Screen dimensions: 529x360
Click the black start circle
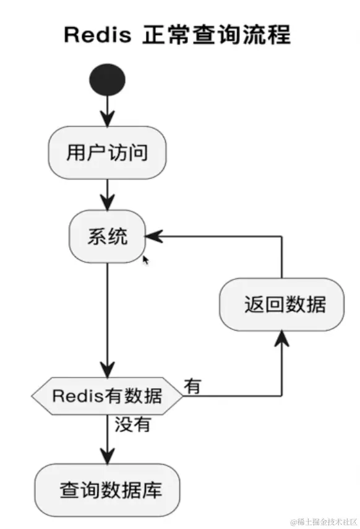pyautogui.click(x=108, y=80)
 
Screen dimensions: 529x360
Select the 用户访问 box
pyautogui.click(x=108, y=152)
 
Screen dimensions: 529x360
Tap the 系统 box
pyautogui.click(x=108, y=236)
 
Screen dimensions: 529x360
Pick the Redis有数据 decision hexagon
pyautogui.click(x=108, y=396)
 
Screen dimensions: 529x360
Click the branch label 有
pyautogui.click(x=193, y=386)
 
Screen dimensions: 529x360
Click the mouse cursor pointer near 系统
pyautogui.click(x=145, y=260)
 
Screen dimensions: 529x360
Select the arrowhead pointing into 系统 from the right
pyautogui.click(x=153, y=236)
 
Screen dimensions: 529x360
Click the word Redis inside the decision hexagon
pyautogui.click(x=72, y=396)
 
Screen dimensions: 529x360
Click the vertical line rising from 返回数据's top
pyautogui.click(x=282, y=256)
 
